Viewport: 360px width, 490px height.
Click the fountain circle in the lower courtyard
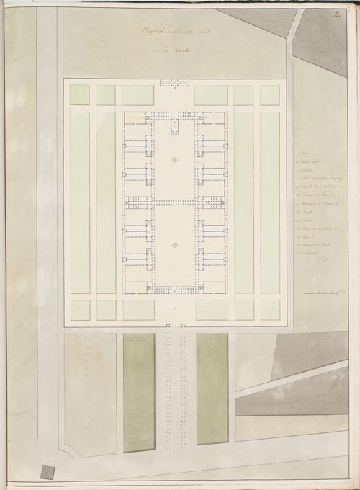[x=175, y=246]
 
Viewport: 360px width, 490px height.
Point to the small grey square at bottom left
[x=47, y=472]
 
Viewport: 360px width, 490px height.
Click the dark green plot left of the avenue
[x=139, y=392]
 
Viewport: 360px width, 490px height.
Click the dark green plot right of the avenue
[x=212, y=389]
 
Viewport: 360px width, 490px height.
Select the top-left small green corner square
[x=80, y=95]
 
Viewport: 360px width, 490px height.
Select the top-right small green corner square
[x=270, y=95]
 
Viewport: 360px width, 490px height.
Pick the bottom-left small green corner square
[x=80, y=310]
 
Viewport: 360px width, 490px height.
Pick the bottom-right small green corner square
[x=270, y=310]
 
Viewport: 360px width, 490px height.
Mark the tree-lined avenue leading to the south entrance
[x=175, y=389]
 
